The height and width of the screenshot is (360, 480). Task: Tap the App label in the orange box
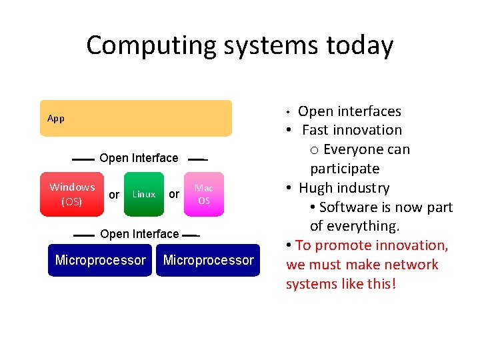click(x=56, y=119)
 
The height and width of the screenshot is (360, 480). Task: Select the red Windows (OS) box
click(x=72, y=194)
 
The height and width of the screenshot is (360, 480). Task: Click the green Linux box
click(x=143, y=194)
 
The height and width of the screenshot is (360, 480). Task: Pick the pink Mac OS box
click(x=204, y=194)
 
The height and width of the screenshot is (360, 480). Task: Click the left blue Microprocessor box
click(x=101, y=260)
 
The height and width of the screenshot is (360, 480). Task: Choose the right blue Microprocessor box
click(x=208, y=260)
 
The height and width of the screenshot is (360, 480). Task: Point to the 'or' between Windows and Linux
click(x=114, y=195)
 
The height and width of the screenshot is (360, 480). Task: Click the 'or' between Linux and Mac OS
click(x=174, y=195)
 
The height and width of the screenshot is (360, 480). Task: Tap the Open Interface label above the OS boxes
click(x=139, y=158)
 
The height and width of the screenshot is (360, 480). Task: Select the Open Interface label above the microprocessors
click(x=139, y=234)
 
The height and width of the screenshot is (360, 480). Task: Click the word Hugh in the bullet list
click(x=317, y=188)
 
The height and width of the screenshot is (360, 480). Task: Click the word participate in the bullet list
click(x=345, y=169)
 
